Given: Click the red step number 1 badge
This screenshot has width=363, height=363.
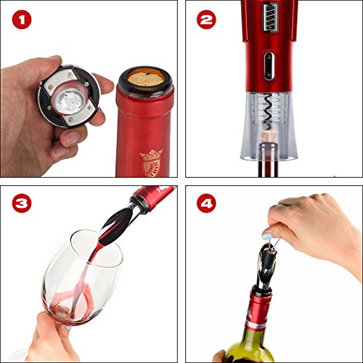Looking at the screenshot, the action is coord(22,20).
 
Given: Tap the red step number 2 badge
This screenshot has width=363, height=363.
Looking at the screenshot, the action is coord(206,20).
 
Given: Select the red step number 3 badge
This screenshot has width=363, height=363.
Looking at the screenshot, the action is coord(22,203).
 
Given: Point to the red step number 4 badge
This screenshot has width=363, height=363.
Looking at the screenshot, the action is coord(206,203).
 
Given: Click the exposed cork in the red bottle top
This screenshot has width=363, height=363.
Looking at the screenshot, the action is coord(146,79).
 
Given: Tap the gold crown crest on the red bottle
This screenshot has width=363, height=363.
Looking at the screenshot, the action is coord(151,163).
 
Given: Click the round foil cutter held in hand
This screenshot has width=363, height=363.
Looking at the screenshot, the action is coord(69,97).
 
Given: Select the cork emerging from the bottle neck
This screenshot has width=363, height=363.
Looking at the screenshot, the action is coord(269,136).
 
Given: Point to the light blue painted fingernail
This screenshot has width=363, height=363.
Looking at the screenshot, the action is coord(267,235).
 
